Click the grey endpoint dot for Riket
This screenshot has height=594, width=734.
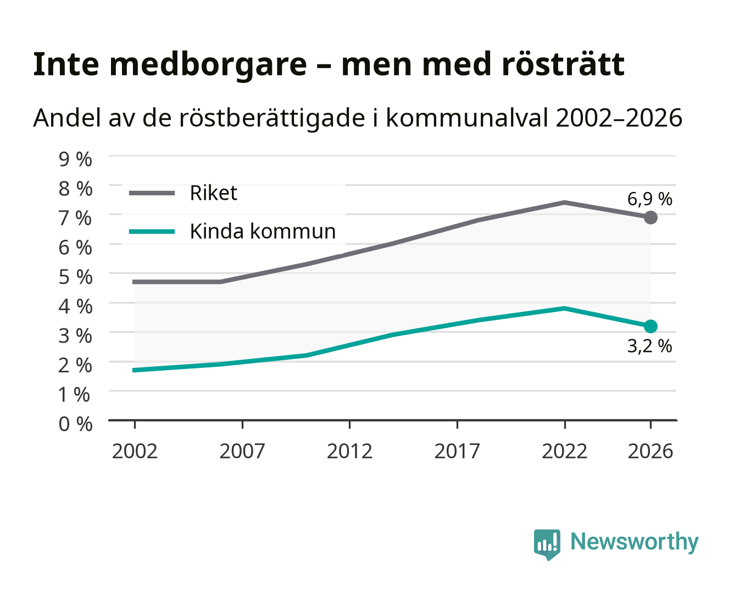pyautogui.click(x=650, y=217)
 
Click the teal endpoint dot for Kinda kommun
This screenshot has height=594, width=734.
pyautogui.click(x=650, y=326)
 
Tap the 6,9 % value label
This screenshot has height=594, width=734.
pyautogui.click(x=649, y=199)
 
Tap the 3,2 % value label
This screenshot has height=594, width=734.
pyautogui.click(x=649, y=346)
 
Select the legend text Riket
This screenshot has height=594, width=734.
pyautogui.click(x=213, y=193)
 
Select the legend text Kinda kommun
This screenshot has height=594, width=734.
pyautogui.click(x=263, y=231)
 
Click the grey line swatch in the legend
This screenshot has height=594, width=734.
pyautogui.click(x=152, y=193)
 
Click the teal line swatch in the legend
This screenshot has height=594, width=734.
pyautogui.click(x=152, y=232)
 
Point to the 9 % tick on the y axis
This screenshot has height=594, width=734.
pyautogui.click(x=75, y=159)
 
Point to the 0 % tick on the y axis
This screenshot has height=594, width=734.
pyautogui.click(x=75, y=424)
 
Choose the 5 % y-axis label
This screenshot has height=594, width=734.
pyautogui.click(x=75, y=277)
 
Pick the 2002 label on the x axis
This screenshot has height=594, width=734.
pyautogui.click(x=135, y=451)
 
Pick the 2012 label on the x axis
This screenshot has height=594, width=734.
pyautogui.click(x=349, y=451)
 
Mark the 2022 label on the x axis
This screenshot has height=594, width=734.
pyautogui.click(x=564, y=451)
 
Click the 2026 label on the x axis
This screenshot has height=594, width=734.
pyautogui.click(x=650, y=451)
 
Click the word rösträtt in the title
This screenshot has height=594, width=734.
pyautogui.click(x=563, y=64)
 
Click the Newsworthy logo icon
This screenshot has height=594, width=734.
pyautogui.click(x=547, y=544)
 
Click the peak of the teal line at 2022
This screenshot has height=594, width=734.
pyautogui.click(x=564, y=308)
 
